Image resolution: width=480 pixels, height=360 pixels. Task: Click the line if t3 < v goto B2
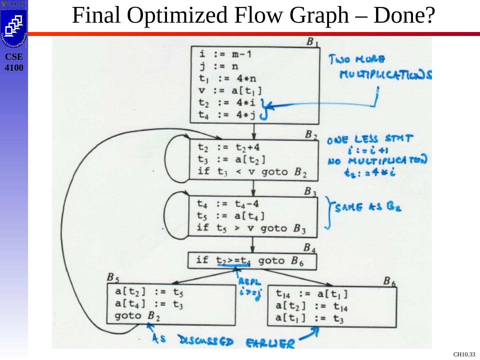point(252,172)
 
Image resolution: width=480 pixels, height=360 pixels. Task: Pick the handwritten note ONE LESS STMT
point(370,139)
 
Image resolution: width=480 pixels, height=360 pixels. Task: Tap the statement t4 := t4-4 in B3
point(228,204)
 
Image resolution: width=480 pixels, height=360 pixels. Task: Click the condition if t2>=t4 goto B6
point(250,260)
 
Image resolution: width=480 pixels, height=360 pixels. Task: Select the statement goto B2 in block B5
point(137,316)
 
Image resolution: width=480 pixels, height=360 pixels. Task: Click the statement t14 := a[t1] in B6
point(312,294)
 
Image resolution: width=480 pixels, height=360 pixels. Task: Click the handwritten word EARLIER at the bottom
point(270,343)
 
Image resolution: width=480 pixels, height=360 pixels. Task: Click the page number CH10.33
point(464,355)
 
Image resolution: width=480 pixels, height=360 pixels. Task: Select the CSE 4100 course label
point(14,62)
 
